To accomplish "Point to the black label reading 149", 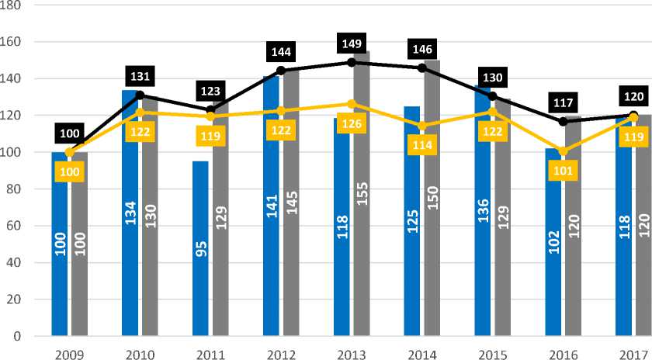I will (x=351, y=43).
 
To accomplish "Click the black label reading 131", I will (x=140, y=76).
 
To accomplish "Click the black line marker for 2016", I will (x=563, y=121).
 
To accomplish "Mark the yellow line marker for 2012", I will (x=281, y=111).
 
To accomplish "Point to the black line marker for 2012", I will (x=281, y=71).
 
